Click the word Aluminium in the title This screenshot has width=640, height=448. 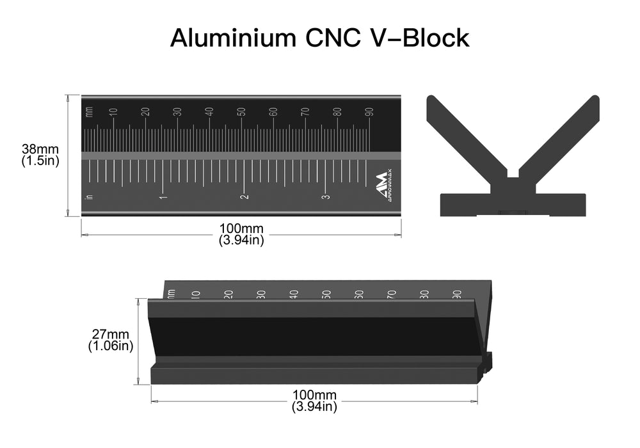click(x=228, y=38)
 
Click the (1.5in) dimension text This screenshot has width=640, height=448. click(x=40, y=161)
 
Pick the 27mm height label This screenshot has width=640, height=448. click(x=110, y=335)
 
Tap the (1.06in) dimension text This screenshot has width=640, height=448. click(x=110, y=346)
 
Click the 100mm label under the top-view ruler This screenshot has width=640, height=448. click(x=241, y=228)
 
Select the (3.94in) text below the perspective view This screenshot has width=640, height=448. click(x=314, y=406)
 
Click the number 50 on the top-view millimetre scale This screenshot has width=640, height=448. click(x=241, y=111)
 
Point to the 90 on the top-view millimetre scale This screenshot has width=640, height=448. click(x=369, y=111)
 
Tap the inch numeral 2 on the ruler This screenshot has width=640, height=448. click(x=244, y=196)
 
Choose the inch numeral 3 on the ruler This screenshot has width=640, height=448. click(x=324, y=196)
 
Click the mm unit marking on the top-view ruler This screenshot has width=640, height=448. click(x=89, y=112)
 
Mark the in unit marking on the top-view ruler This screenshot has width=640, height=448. click(x=89, y=196)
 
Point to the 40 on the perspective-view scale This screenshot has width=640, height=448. click(x=294, y=294)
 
